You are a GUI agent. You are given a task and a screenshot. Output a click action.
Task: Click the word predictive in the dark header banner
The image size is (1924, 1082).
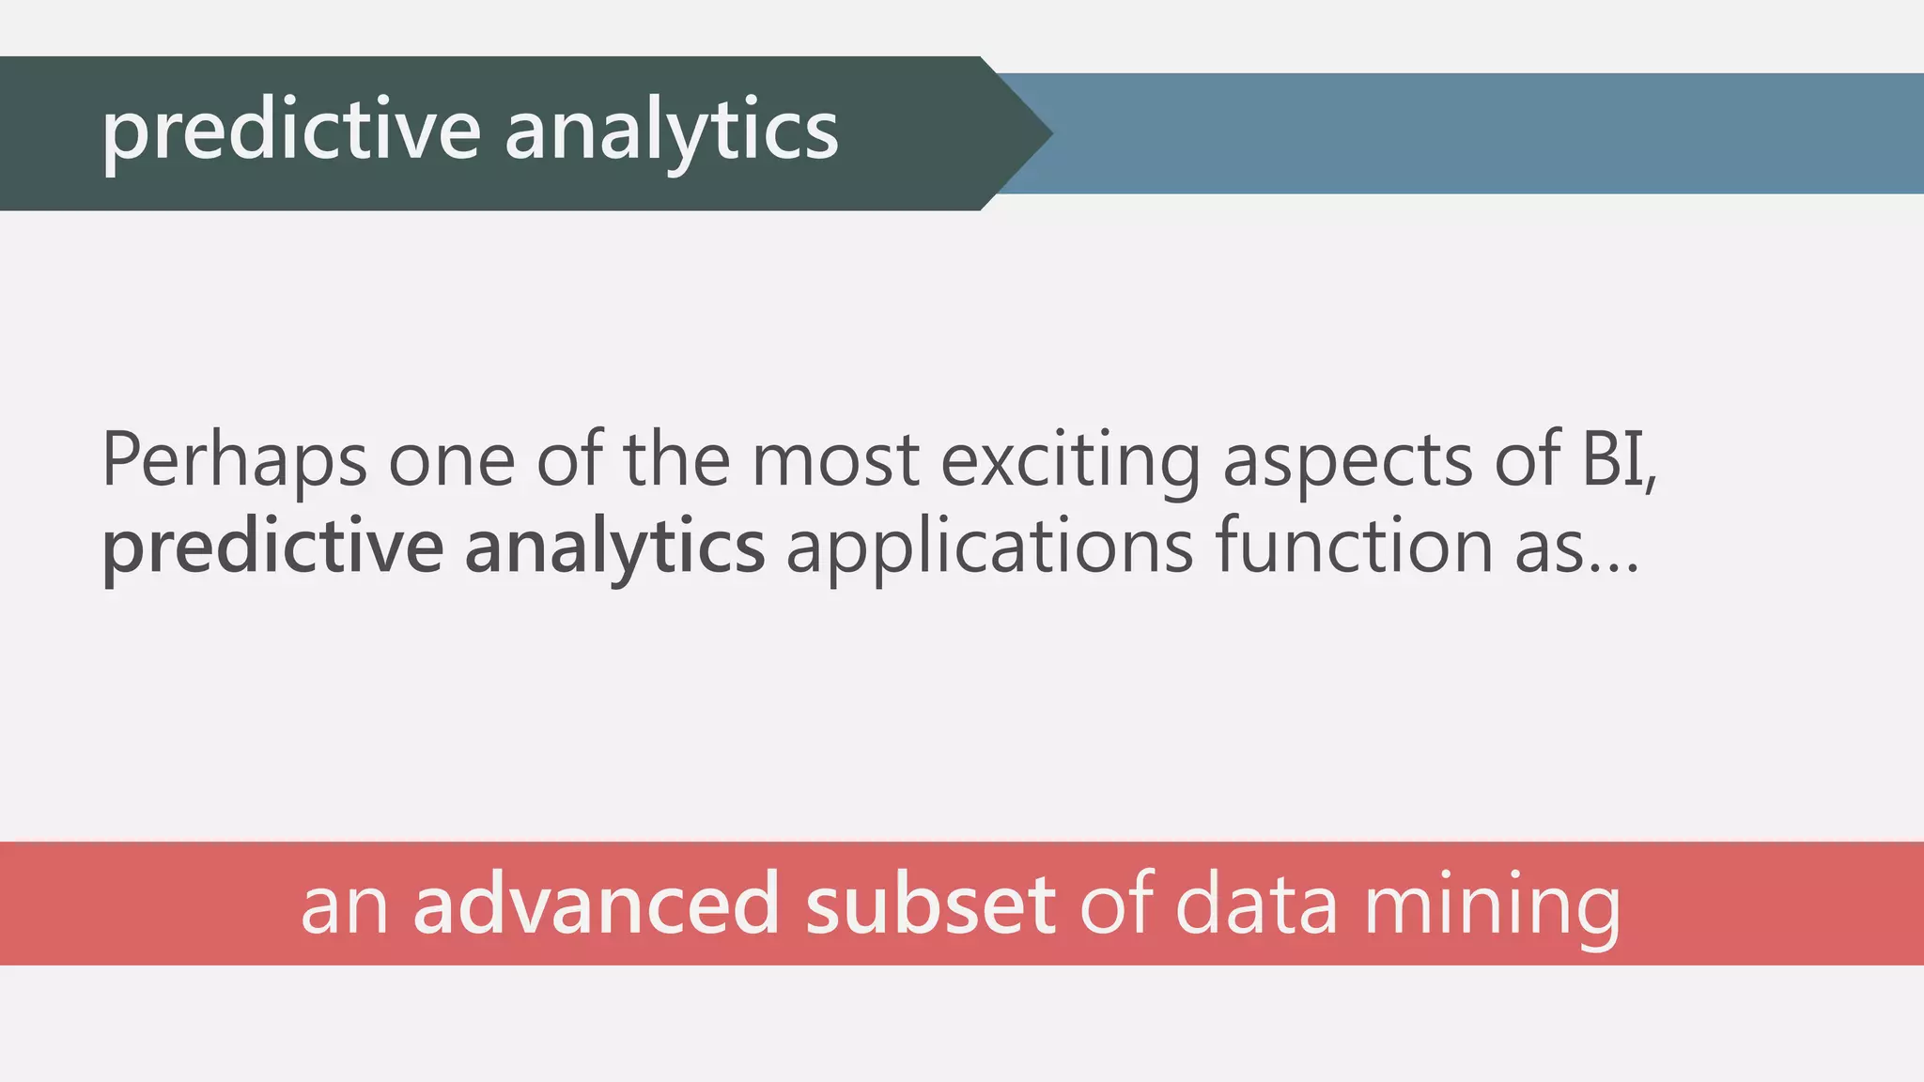[x=290, y=131]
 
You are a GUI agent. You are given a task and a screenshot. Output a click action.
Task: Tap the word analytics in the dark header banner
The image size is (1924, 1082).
[x=671, y=131]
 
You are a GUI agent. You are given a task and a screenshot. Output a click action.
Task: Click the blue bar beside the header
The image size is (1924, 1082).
[x=1484, y=133]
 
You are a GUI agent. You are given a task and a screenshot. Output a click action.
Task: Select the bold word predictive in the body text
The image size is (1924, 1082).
[x=272, y=549]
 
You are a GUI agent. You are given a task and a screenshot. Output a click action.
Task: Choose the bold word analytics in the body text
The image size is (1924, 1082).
[x=614, y=549]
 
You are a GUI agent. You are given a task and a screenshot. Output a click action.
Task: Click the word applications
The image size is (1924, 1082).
[x=989, y=549]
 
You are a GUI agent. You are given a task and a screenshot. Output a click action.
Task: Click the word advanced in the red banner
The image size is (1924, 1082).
[x=597, y=904]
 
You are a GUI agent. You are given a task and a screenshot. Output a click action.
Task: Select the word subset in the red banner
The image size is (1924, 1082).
[x=930, y=904]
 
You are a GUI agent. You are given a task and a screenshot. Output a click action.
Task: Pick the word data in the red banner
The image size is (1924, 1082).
[x=1256, y=904]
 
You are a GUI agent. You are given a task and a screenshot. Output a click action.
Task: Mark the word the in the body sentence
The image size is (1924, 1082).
[x=676, y=460]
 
